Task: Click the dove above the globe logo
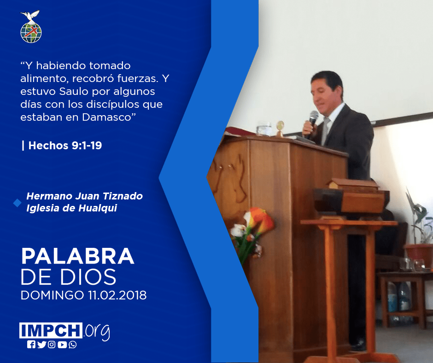pos(30,17)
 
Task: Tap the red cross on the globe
pos(31,31)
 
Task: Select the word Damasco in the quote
pos(106,117)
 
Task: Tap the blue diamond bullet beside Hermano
pos(17,203)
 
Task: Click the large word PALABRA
pos(77,256)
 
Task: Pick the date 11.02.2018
pos(117,295)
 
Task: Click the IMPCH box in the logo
pos(51,330)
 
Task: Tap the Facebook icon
pos(31,345)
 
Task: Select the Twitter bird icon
pos(42,345)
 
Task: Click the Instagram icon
pos(52,345)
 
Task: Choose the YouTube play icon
pos(62,345)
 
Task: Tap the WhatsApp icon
pos(73,345)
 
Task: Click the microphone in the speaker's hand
pos(313,121)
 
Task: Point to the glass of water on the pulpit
pos(264,129)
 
